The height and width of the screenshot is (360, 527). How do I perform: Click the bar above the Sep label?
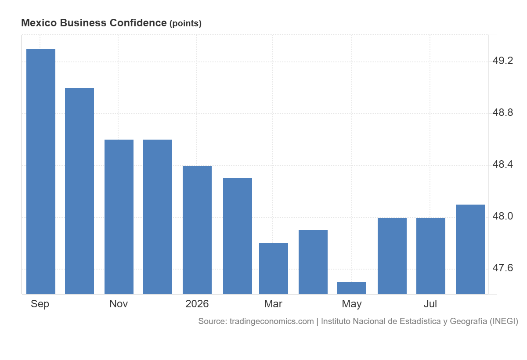pos(41,172)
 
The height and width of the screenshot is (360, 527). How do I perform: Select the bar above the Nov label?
pos(119,217)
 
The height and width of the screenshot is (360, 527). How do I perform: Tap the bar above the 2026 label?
pos(197,230)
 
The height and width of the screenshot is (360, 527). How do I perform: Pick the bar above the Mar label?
pos(274,269)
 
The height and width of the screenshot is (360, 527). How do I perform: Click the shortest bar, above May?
pos(352,288)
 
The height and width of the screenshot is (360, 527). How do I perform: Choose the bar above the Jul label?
pos(431,256)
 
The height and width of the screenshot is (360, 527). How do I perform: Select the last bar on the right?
pos(470,249)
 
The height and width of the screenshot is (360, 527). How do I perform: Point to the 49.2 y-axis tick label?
pos(502,61)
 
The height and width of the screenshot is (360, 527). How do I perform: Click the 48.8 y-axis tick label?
pos(502,113)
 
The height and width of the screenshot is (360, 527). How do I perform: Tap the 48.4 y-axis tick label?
pos(502,164)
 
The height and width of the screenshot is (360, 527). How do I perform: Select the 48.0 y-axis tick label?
pos(502,216)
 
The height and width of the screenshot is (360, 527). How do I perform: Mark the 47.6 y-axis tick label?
pos(502,268)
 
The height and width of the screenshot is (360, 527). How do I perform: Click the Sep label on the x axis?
pos(40,304)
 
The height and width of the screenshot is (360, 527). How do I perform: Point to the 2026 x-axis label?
pos(197,304)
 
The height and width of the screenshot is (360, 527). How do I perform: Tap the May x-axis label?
pos(352,304)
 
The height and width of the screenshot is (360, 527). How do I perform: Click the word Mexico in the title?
pos(39,23)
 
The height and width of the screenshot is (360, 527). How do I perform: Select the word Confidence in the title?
pos(138,23)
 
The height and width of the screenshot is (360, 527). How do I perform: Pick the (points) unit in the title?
pos(185,24)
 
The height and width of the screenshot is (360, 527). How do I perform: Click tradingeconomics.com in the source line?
pos(272,321)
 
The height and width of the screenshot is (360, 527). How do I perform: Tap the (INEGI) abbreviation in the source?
pos(504,321)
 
